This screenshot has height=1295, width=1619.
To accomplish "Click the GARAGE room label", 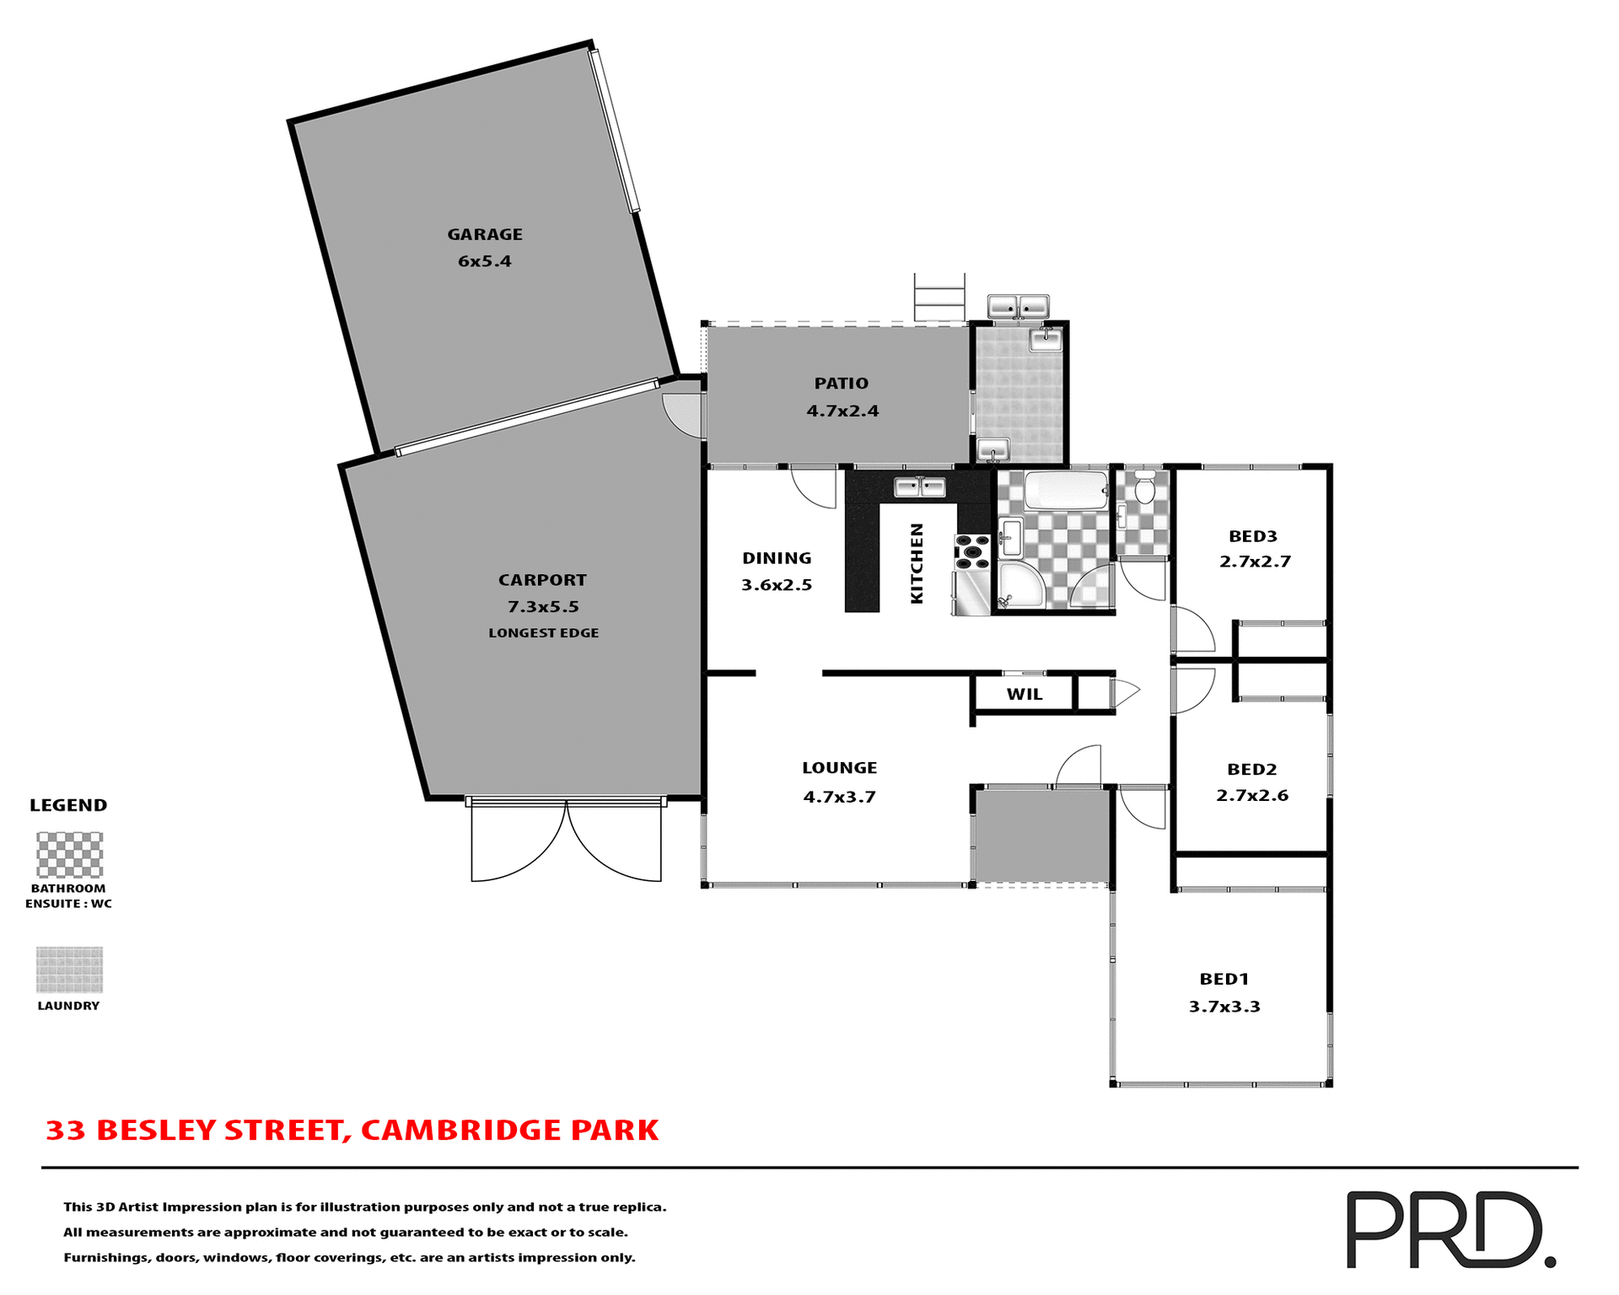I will tap(485, 234).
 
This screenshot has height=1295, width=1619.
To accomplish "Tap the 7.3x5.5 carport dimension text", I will tap(543, 606).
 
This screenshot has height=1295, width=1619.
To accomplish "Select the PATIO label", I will tap(841, 384).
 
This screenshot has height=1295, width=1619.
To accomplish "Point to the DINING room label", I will tap(777, 558).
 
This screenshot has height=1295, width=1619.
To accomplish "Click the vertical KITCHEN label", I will tap(917, 563).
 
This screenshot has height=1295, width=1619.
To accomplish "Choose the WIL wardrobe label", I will tap(1025, 695).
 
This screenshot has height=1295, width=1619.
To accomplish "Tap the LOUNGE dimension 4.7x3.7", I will tap(839, 797).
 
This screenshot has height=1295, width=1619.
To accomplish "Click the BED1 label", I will tap(1224, 979).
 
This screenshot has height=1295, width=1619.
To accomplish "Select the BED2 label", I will tap(1251, 769).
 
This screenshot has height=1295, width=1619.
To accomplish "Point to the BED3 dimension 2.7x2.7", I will tap(1255, 562).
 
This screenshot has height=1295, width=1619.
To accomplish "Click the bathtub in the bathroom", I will tap(1065, 490).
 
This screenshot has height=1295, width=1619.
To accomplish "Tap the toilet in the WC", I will tap(1144, 488).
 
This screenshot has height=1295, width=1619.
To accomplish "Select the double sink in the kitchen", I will tap(920, 486).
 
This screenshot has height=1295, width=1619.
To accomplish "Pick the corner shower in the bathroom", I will tap(1020, 587).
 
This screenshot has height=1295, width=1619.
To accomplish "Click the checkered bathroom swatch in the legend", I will tap(69, 855).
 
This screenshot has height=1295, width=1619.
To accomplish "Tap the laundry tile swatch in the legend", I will tap(69, 970).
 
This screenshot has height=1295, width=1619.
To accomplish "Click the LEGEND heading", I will tap(68, 805).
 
